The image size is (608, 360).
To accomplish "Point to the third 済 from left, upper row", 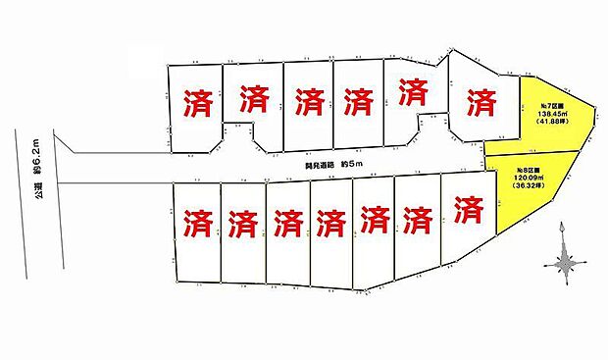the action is pyautogui.click(x=308, y=100).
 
